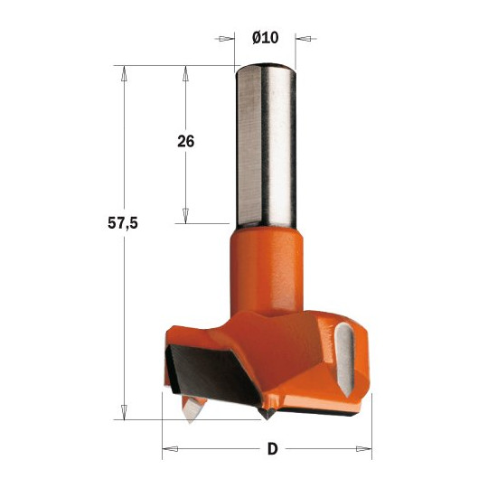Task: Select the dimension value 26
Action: coord(187,142)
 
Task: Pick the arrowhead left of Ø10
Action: coord(221,39)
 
